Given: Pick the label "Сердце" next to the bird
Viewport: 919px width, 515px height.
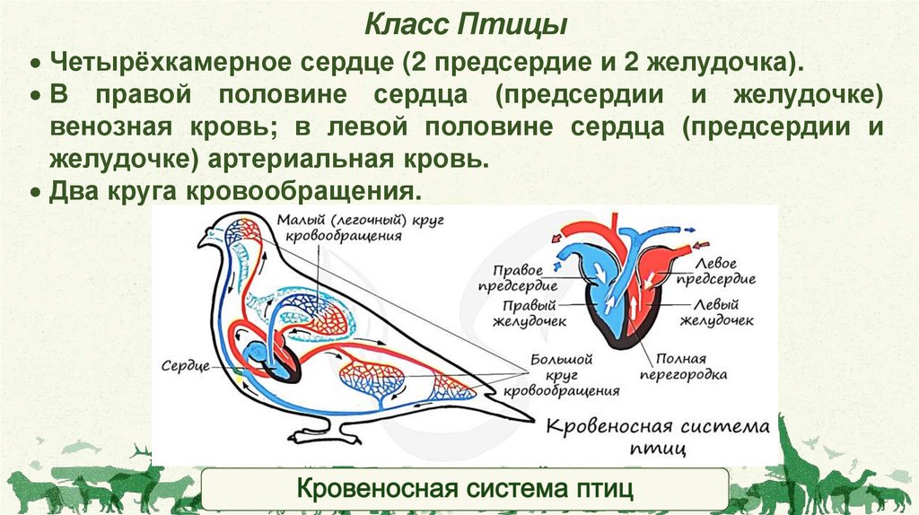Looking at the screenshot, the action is click(186, 367).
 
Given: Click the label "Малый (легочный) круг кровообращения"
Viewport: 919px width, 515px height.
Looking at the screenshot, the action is click(334, 228).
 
